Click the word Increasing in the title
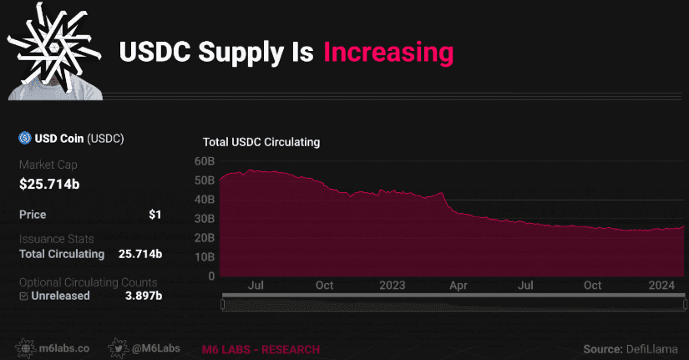pos(388,53)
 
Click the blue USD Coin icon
pos(25,139)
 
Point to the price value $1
pos(155,215)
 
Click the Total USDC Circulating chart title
pos(261,143)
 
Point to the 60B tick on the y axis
pos(205,161)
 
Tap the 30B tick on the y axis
pos(205,219)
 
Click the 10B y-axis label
pos(205,257)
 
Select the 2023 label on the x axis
pos(392,286)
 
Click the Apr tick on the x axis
pos(458,286)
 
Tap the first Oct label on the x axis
pos(324,286)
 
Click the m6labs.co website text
pos(68,347)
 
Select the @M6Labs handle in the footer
pos(151,347)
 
